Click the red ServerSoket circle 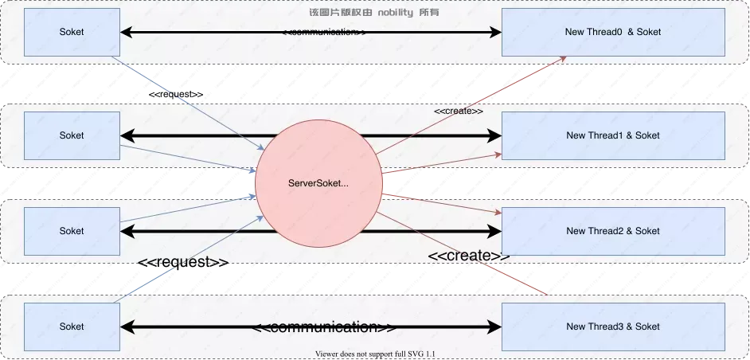[318, 183]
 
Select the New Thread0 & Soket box [612, 32]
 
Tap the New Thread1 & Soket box [612, 135]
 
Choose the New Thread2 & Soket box [612, 231]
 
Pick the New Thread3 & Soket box [612, 327]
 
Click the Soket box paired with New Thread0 [72, 32]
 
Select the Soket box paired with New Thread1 [72, 135]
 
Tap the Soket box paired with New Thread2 [72, 231]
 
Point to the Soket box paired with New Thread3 [72, 327]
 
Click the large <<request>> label [183, 263]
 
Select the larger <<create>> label [469, 256]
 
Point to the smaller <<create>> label [459, 112]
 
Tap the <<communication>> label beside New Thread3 [325, 327]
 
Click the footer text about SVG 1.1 [374, 354]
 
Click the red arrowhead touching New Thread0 [562, 58]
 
